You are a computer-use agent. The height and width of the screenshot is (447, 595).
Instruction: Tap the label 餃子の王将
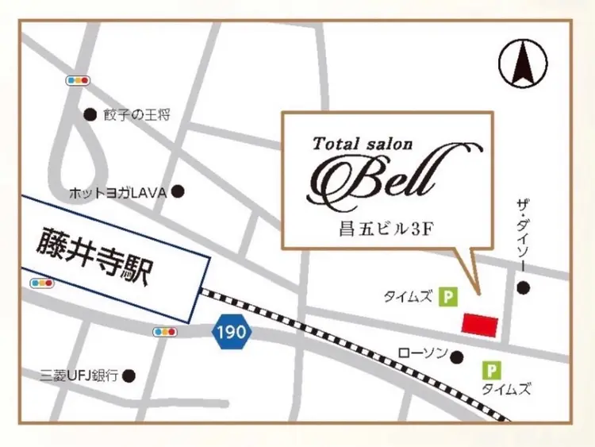tap(136, 115)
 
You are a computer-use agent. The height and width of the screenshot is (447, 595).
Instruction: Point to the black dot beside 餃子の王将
tap(90, 114)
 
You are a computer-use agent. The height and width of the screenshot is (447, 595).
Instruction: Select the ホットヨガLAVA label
tap(115, 191)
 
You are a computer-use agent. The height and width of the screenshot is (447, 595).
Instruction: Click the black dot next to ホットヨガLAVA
tap(178, 191)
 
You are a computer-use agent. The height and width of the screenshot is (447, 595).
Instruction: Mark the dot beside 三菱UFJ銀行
tap(129, 375)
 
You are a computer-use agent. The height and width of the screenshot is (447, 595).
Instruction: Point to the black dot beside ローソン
tap(457, 357)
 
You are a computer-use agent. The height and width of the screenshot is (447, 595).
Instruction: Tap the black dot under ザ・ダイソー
tap(522, 287)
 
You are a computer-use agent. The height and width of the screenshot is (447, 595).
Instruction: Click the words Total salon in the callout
tap(363, 144)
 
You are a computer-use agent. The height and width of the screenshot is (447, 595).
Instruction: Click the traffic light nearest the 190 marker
tap(165, 331)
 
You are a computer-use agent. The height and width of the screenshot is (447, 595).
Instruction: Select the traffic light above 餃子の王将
tap(78, 80)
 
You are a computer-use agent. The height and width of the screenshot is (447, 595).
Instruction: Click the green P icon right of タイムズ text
tap(449, 297)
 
